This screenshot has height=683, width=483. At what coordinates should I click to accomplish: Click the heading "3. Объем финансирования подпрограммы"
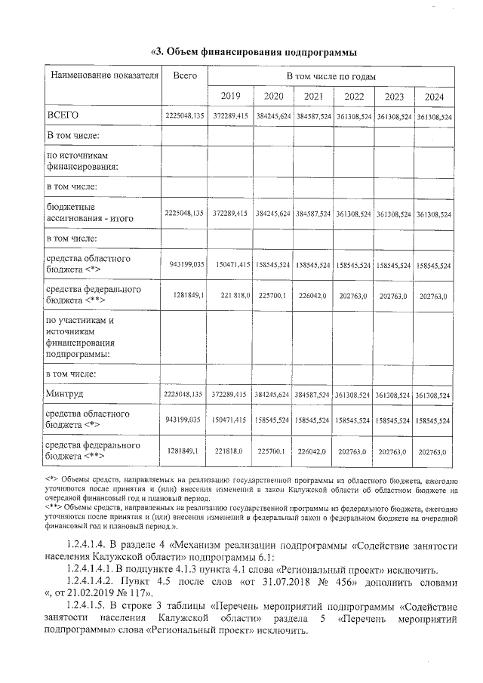254,52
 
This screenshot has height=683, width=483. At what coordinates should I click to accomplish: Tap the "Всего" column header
184,76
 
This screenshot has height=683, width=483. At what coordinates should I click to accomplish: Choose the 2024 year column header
434,97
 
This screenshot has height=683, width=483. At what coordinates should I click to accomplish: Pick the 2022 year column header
353,97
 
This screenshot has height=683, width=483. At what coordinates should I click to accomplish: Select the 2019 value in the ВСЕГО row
230,116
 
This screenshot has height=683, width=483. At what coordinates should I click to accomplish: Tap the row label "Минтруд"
66,394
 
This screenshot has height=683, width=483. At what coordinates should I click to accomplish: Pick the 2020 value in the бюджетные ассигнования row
272,214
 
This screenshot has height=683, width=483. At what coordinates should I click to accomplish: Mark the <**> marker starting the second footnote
53,507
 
